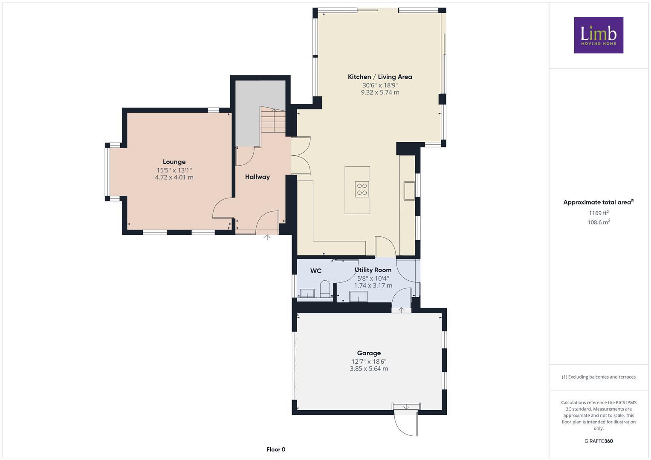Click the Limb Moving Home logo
pos(598,35)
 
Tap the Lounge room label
pos(174,162)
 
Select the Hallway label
pos(257,177)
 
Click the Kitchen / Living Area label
pos(380,77)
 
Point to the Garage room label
pos(369,353)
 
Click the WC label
pos(315,271)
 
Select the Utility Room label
pos(373,270)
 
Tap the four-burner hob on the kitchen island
pos(362,189)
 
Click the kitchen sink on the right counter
pos(410,191)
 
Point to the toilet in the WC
pos(325,289)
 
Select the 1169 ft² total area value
pos(599,213)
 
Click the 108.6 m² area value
pos(599,222)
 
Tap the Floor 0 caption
pos(276,449)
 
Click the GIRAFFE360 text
pos(599,441)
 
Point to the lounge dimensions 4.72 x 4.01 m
pos(174,177)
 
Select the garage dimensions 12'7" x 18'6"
pos(369,361)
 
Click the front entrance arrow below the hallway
pos(267,237)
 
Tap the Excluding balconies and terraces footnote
pos(599,377)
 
